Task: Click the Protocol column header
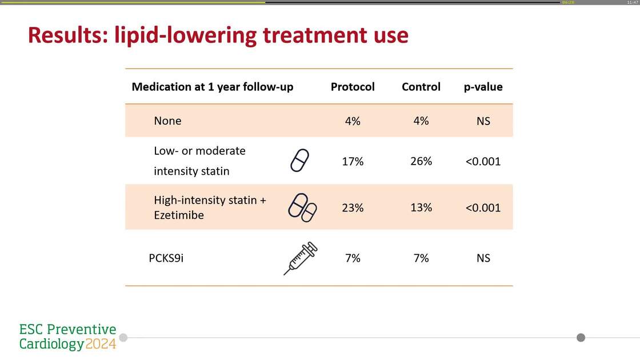(353, 87)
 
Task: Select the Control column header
(421, 87)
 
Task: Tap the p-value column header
(483, 87)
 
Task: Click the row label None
(167, 121)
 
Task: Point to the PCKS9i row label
(166, 258)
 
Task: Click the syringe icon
(301, 258)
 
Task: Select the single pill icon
(300, 161)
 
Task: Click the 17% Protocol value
(353, 162)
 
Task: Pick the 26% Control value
(421, 161)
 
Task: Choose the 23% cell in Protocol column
(353, 208)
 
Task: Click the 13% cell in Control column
(421, 207)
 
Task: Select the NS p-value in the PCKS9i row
(483, 258)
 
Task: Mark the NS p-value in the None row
(483, 121)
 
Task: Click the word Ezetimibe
(179, 215)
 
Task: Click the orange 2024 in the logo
(101, 344)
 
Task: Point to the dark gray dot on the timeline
(581, 338)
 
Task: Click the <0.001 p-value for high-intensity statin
(483, 208)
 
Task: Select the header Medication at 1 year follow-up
(213, 87)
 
